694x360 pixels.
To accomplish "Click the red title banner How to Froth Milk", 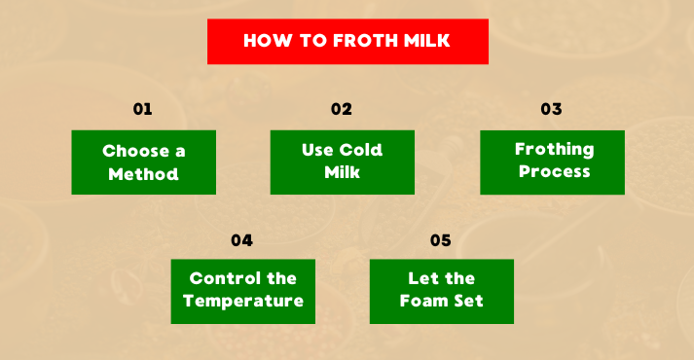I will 347,42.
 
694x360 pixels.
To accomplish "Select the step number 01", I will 143,109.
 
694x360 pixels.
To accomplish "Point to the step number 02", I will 341,109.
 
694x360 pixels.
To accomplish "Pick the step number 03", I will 552,109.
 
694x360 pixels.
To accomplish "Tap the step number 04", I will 242,239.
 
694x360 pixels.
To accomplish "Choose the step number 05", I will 441,239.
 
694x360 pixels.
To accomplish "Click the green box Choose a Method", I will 143,162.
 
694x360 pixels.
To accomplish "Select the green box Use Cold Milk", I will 342,162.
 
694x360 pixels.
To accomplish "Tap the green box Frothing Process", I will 553,162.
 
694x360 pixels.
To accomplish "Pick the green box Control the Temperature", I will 242,290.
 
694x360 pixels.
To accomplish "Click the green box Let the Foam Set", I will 441,290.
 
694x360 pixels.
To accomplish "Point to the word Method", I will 144,175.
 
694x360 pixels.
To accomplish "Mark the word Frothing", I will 554,150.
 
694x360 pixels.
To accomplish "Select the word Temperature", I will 243,301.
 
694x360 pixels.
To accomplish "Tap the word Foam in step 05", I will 424,301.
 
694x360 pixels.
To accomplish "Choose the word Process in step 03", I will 554,171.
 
